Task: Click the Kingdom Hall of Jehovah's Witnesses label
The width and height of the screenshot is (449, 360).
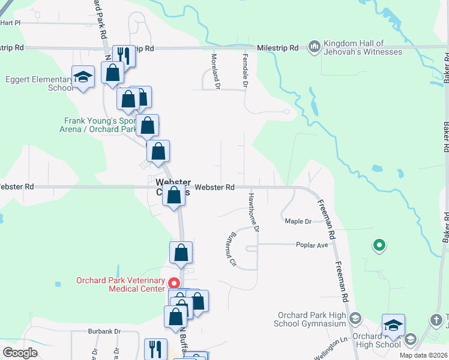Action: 363,47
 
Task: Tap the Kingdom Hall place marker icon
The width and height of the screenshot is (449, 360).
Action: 314,46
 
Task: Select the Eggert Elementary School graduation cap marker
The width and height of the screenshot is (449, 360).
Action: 83,77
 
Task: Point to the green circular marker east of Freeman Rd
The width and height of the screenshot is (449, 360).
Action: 379,245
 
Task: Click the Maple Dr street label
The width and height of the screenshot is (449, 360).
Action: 298,221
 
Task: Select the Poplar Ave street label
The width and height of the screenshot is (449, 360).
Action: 312,245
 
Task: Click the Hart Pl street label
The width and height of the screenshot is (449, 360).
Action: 10,23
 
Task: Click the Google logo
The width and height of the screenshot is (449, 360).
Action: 19,352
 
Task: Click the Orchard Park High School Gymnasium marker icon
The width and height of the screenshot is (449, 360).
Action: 355,318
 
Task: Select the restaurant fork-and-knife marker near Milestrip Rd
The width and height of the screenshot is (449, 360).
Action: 123,56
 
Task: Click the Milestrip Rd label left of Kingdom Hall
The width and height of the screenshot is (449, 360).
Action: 278,47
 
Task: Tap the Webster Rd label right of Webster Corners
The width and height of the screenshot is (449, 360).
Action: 214,187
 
